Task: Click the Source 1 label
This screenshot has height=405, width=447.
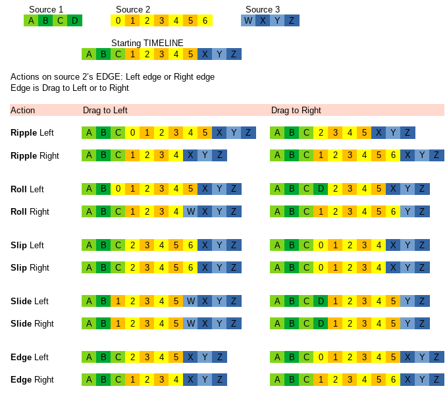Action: click(x=46, y=9)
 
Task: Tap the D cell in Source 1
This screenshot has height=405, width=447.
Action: click(x=74, y=20)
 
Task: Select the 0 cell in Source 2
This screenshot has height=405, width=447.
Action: click(x=118, y=20)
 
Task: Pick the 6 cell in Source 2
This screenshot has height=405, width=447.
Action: click(x=205, y=20)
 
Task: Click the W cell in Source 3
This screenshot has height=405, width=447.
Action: click(x=248, y=20)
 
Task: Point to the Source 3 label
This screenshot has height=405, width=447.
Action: click(x=263, y=9)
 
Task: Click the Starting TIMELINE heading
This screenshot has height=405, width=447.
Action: click(x=147, y=43)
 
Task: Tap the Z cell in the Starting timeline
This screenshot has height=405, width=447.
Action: click(x=234, y=54)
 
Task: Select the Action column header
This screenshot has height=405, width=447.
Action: click(x=23, y=110)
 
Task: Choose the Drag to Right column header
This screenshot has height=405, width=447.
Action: click(x=296, y=110)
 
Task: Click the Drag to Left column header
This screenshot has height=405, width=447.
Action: click(x=105, y=110)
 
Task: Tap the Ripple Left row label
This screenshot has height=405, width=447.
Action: click(x=32, y=132)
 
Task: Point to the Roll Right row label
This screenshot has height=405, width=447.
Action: click(x=30, y=211)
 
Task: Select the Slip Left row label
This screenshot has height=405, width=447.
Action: click(x=28, y=245)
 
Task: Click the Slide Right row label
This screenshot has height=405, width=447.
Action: click(x=32, y=323)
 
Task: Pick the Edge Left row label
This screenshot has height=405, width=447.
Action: click(x=30, y=357)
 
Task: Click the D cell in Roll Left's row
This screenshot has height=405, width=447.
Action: click(x=321, y=189)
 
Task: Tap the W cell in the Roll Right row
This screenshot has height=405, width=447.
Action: click(x=190, y=211)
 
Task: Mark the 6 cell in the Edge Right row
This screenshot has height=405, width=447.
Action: click(x=393, y=379)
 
